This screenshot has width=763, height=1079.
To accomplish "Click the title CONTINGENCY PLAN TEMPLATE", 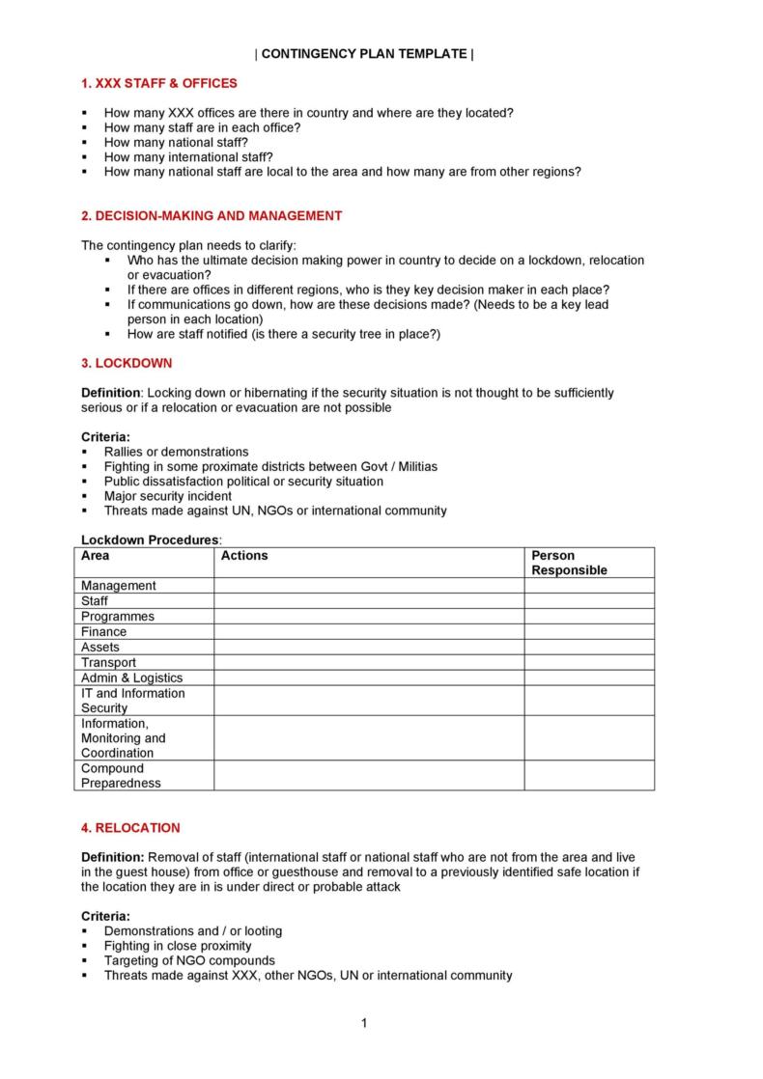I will [364, 54].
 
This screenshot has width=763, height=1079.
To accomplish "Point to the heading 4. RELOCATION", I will [130, 827].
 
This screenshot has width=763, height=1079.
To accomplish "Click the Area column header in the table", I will [96, 556].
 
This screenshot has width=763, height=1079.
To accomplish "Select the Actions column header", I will [244, 556].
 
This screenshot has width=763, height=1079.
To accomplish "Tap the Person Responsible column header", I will [569, 563].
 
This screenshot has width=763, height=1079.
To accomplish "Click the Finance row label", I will [103, 632].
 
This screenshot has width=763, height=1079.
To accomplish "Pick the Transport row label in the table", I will [108, 663].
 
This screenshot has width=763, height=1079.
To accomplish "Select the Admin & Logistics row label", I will [131, 678].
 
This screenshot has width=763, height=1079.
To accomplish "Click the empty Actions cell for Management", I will [368, 586].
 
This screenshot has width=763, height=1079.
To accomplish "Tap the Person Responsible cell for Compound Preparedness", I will [588, 776].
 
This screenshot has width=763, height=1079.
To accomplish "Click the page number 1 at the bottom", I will [364, 1023].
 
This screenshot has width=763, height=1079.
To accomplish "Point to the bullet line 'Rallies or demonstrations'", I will [176, 452].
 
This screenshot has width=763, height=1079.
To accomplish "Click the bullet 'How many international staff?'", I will [188, 156].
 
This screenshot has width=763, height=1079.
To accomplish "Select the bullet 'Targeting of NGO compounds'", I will [189, 960].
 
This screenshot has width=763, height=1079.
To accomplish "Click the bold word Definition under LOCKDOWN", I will [111, 393].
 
